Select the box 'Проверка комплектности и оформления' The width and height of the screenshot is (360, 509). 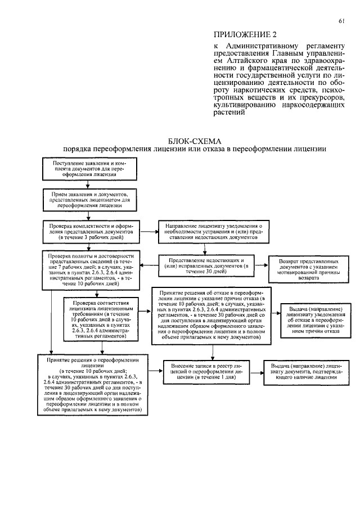click(90, 230)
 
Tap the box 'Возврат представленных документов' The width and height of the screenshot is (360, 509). click(309, 270)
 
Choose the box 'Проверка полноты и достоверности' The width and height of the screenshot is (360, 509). click(90, 270)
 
